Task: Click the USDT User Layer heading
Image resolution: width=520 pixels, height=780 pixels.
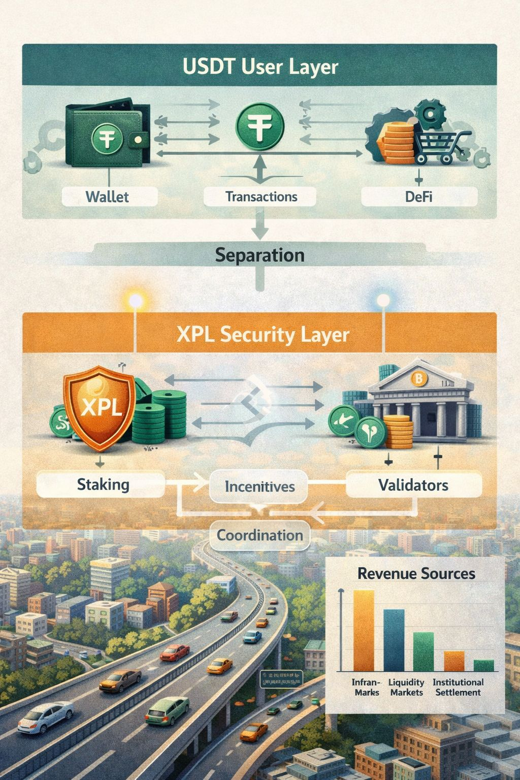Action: [x=259, y=67]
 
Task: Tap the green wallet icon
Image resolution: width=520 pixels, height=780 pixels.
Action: [x=108, y=135]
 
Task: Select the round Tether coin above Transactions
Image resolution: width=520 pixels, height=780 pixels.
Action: [x=259, y=125]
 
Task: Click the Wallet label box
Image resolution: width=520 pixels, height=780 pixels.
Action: [x=108, y=197]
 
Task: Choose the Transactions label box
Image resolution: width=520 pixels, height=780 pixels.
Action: [x=261, y=197]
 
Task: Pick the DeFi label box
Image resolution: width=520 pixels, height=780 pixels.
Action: [x=418, y=197]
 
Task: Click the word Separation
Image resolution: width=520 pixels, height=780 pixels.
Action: [x=259, y=254]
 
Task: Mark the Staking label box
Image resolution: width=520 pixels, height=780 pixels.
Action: [x=103, y=484]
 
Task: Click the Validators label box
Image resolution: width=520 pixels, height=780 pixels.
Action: [x=413, y=485]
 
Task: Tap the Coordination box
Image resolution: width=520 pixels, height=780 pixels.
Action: [x=259, y=535]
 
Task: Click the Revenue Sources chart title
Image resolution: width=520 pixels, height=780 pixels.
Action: [x=416, y=574]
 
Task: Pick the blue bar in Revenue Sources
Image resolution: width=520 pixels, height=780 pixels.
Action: [x=394, y=640]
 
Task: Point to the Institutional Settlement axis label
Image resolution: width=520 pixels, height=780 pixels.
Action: [x=458, y=687]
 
